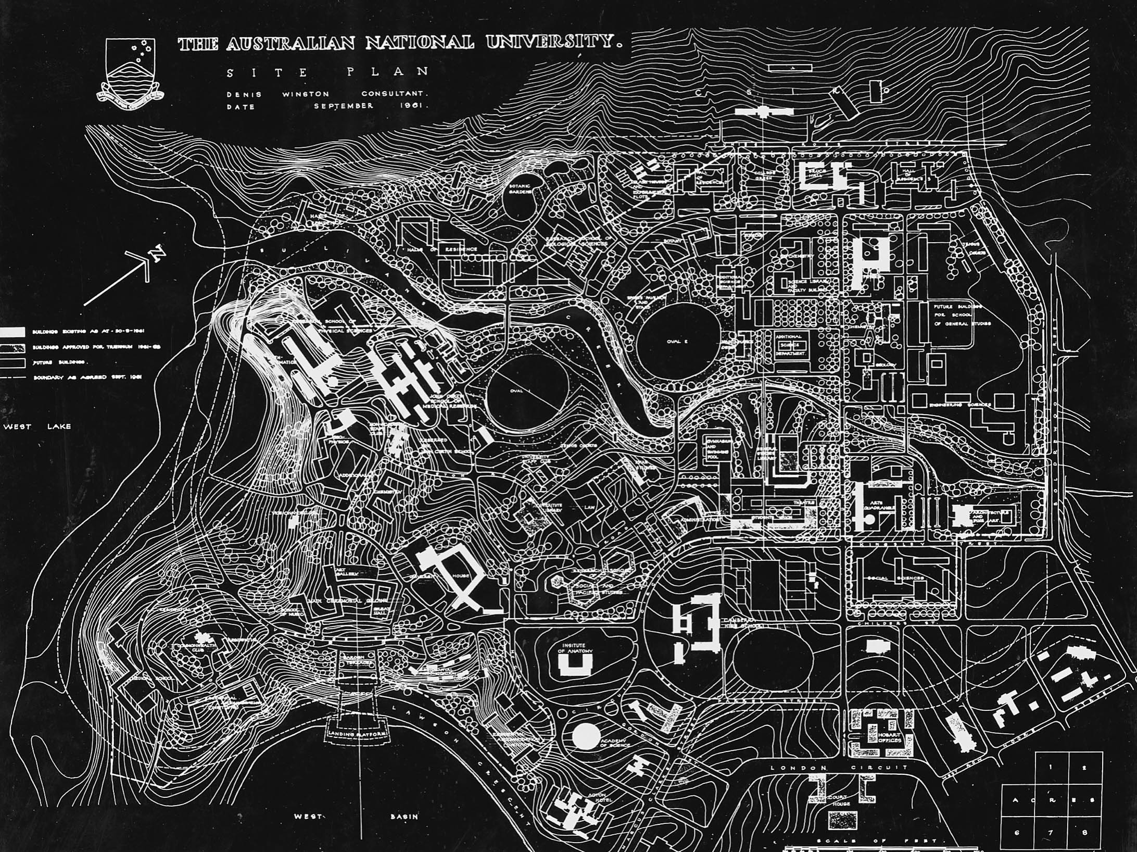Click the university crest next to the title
click(131, 70)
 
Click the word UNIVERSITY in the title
click(553, 43)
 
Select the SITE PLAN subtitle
click(328, 72)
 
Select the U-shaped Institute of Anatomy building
click(575, 665)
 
